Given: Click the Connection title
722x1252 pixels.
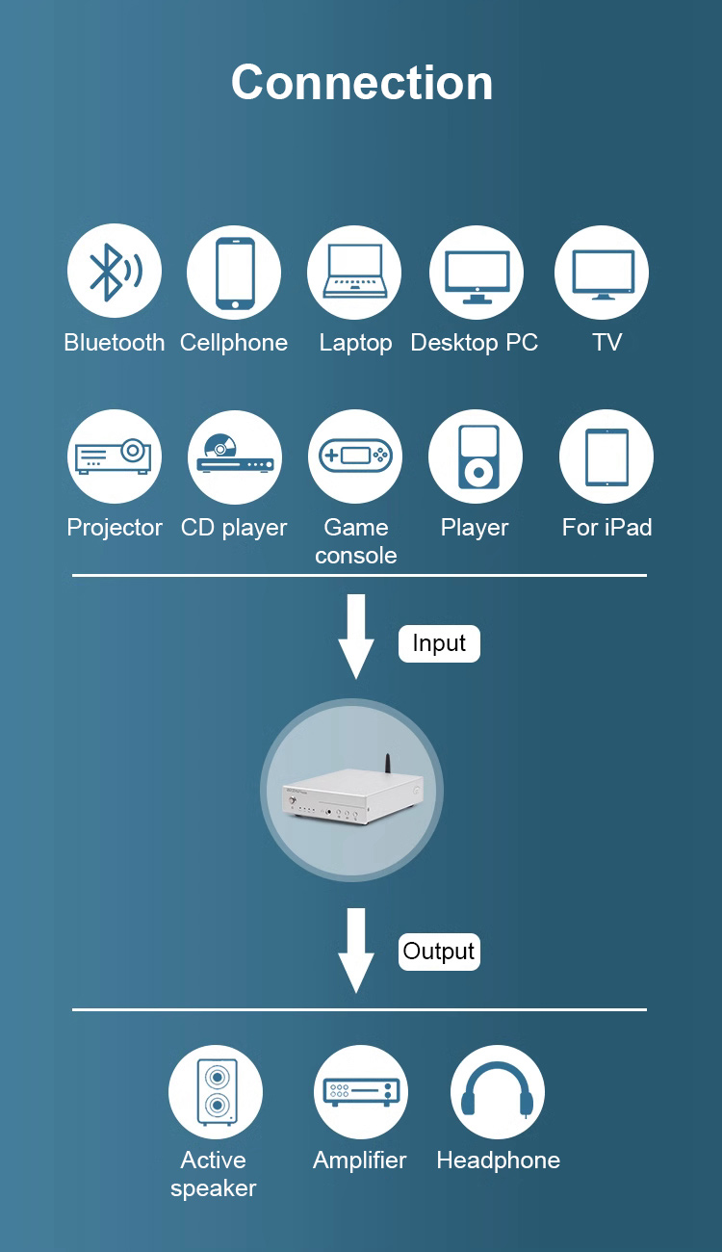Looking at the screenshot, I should (x=361, y=83).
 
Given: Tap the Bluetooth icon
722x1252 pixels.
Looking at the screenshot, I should (x=115, y=272).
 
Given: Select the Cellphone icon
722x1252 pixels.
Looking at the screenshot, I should (x=234, y=272).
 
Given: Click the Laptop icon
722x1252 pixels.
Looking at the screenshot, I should (x=354, y=272).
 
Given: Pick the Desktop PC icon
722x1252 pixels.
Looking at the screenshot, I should (x=477, y=274).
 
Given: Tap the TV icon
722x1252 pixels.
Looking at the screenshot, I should (x=602, y=273).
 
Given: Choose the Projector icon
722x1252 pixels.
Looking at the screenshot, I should (x=115, y=456).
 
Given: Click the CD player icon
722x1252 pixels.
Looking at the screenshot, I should (x=235, y=456).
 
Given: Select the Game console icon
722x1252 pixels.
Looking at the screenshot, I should (x=355, y=456).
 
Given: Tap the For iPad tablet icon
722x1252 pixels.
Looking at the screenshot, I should (x=606, y=456).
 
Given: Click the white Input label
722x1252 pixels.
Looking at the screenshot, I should (x=439, y=643).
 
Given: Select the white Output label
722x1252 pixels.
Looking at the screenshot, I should (x=439, y=952).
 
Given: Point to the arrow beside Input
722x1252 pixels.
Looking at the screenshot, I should (x=356, y=636).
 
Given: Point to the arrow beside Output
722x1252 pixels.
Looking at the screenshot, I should (x=356, y=949).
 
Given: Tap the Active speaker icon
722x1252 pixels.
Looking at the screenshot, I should (x=216, y=1092).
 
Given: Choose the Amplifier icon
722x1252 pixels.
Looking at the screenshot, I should (x=361, y=1092).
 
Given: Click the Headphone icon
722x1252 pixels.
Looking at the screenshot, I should (x=498, y=1092).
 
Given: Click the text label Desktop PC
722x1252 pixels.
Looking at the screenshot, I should (x=474, y=343).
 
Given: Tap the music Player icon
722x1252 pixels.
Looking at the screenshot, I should (x=476, y=456).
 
